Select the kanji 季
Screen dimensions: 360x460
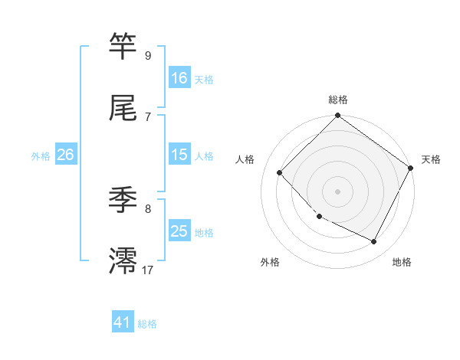click(x=123, y=201)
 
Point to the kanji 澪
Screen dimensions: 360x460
click(x=123, y=260)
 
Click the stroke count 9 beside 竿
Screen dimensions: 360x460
click(x=147, y=56)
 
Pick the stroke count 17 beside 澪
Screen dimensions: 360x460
click(x=147, y=270)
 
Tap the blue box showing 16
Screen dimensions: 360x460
click(x=179, y=78)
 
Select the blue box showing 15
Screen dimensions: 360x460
click(x=179, y=155)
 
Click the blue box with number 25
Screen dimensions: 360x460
click(x=179, y=231)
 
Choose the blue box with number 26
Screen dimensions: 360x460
click(x=65, y=155)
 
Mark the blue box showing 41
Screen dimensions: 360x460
click(x=123, y=323)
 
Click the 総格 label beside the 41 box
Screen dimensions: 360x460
click(x=147, y=324)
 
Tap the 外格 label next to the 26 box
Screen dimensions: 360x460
click(x=41, y=155)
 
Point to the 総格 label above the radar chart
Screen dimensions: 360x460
click(x=338, y=100)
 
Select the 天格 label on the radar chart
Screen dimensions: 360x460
click(x=431, y=159)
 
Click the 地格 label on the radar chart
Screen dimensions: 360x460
click(x=402, y=263)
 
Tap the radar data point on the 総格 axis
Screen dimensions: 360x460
click(x=338, y=117)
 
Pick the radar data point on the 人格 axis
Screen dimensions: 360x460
click(x=280, y=172)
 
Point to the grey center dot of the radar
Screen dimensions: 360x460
click(x=338, y=191)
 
